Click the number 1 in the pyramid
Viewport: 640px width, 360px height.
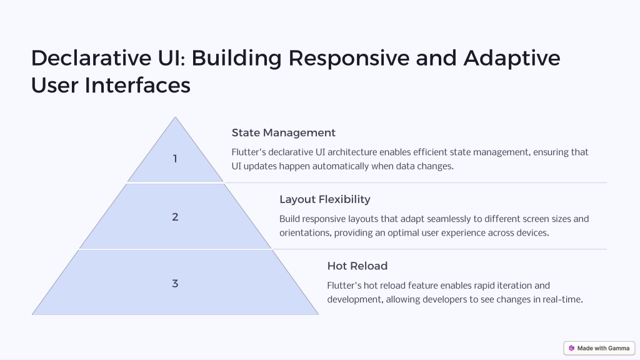coord(175,159)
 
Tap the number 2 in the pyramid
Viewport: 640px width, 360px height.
coord(175,217)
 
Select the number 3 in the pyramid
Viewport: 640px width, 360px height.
coord(175,283)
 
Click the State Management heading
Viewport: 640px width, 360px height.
coord(283,132)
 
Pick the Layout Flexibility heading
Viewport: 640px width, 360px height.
coord(325,199)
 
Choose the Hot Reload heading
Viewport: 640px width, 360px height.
coord(357,266)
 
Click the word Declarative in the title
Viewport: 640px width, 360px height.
coord(91,57)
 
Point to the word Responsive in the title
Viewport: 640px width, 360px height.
coord(349,58)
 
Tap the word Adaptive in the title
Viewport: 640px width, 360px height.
coord(512,58)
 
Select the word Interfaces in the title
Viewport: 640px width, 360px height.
coord(137,85)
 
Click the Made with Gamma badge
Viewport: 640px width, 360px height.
coord(599,348)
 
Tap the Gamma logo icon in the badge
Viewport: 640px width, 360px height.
coord(571,348)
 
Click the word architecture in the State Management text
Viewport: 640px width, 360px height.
coord(352,152)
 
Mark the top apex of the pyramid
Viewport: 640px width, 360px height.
coord(175,117)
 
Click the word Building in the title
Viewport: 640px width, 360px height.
coord(236,58)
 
